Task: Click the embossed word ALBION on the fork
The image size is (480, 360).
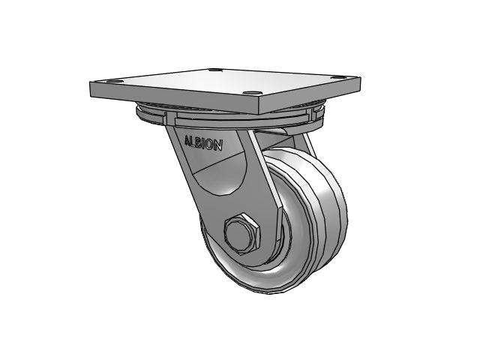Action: click(203, 143)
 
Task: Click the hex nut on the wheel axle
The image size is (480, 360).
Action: click(241, 232)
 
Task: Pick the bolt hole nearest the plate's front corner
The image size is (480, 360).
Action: click(250, 92)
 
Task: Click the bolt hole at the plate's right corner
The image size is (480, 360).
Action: click(338, 78)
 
